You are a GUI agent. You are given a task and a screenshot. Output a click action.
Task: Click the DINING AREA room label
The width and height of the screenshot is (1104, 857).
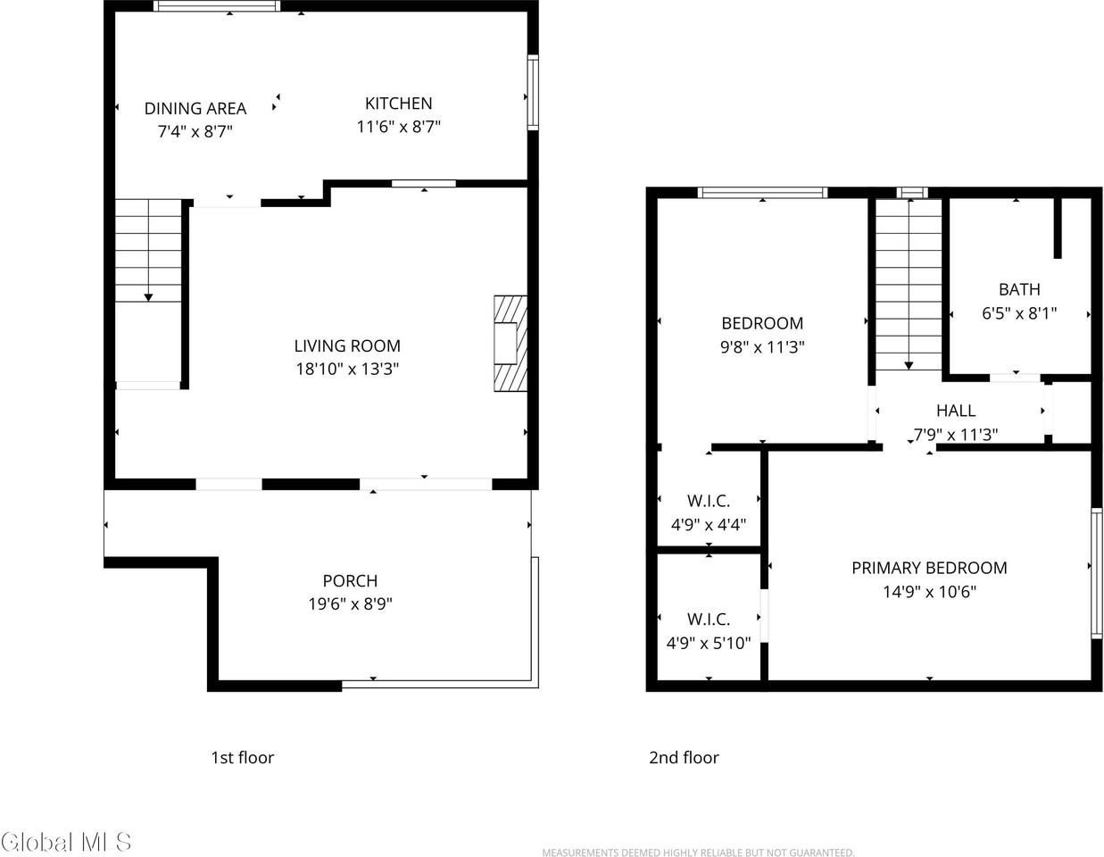coord(195,109)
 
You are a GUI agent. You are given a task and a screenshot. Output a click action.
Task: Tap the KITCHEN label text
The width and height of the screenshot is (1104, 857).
coord(399,104)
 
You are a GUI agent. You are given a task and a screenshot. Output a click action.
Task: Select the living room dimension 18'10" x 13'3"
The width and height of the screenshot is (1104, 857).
coord(347,369)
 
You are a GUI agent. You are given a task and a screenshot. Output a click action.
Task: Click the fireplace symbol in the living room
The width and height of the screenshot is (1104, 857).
coord(510,344)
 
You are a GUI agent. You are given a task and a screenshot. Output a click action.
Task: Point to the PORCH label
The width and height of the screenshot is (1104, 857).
coord(350,581)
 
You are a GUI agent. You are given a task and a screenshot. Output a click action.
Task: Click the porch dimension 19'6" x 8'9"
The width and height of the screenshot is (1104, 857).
coord(351,604)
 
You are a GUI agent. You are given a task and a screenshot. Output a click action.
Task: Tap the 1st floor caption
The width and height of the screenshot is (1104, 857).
coord(242,758)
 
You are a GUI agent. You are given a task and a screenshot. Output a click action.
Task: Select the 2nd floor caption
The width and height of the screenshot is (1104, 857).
coord(684,758)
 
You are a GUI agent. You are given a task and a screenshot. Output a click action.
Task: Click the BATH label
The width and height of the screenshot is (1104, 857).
coord(1019,289)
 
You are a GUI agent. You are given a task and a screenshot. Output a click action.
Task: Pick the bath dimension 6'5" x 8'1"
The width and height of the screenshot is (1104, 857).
coord(1019,313)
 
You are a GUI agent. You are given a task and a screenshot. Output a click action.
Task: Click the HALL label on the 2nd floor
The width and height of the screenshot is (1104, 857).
coord(956,411)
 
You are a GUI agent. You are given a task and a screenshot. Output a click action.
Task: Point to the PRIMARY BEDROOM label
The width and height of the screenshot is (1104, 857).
coord(929,568)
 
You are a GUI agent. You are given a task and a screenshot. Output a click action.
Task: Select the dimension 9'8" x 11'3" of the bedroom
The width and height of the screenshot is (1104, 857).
coord(762,347)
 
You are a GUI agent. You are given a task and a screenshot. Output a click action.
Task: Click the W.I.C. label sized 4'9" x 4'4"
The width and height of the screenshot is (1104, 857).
coord(709,502)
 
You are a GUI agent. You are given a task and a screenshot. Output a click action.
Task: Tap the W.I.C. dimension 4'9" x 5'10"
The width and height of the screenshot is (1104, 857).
coord(709,643)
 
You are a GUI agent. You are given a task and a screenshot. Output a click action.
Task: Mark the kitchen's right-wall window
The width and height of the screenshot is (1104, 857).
coord(533,93)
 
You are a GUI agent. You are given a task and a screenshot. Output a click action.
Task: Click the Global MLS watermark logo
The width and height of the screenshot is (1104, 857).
coord(67,842)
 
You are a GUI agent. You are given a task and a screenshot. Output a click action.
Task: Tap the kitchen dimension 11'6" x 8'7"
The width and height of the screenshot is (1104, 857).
coord(399,128)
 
